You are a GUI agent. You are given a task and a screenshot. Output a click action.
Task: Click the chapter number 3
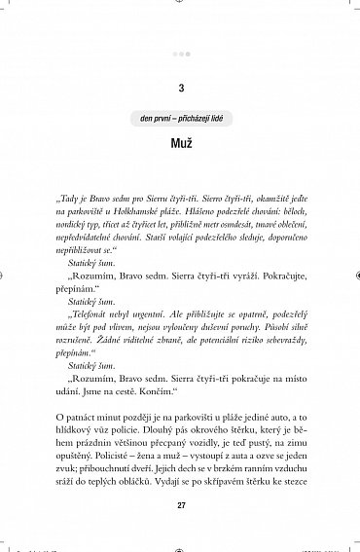click(x=181, y=91)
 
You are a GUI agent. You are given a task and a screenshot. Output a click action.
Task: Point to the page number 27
click(x=181, y=504)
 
